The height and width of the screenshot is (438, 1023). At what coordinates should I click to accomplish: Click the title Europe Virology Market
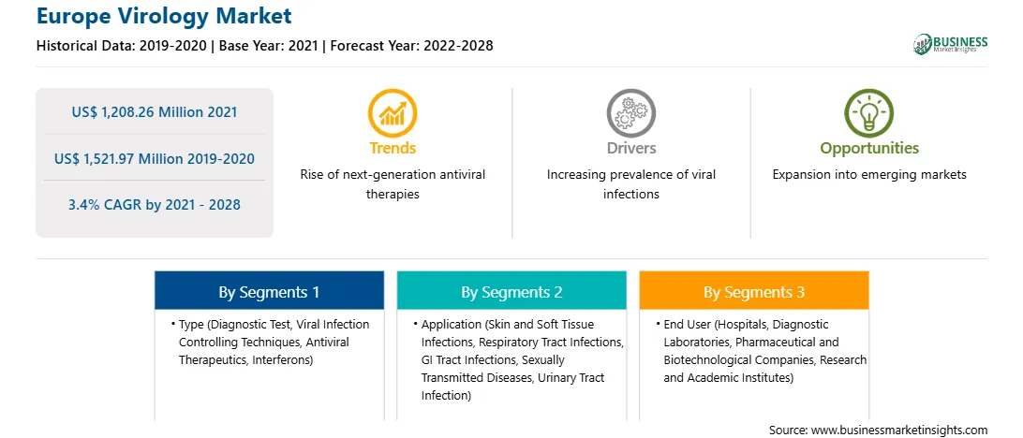pos(165,16)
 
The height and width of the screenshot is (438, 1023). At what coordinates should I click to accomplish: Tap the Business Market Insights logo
pos(951,44)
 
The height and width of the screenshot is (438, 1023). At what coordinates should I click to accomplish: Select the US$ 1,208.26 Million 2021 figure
pos(155,112)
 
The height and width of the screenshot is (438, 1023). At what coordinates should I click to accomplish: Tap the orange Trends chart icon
pos(393,113)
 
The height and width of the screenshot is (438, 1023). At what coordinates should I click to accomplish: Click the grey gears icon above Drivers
pos(630,113)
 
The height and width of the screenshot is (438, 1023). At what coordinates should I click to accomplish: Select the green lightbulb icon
pos(869,113)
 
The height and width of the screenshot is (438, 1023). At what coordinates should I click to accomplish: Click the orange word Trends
pos(393,148)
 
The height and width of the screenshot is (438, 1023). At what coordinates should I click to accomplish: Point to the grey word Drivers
pos(630,148)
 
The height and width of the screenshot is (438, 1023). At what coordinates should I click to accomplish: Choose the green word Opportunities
pos(869,149)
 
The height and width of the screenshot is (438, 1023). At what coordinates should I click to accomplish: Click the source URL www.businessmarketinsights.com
pos(898,430)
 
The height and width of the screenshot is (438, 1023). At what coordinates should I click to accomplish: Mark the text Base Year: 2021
pos(269,46)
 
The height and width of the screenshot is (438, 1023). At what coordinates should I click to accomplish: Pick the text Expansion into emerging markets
pos(869,175)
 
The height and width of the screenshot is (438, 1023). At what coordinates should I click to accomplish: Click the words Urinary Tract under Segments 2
pos(569,377)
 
